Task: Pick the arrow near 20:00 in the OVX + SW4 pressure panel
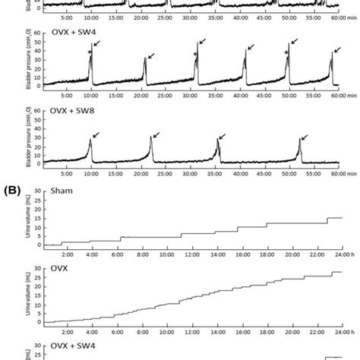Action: click(x=150, y=56)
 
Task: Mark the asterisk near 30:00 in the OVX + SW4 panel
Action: click(x=194, y=55)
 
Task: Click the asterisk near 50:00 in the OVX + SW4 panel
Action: click(x=286, y=52)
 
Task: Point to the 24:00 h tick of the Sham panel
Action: click(x=334, y=255)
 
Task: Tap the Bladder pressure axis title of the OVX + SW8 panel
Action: click(x=27, y=144)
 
